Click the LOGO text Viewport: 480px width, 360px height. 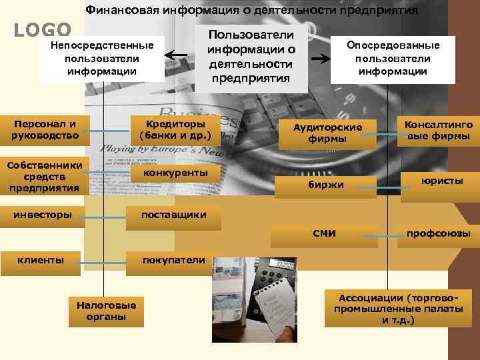(x=43, y=29)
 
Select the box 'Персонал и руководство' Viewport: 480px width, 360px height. (x=45, y=130)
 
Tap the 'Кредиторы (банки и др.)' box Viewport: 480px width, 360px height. (x=175, y=130)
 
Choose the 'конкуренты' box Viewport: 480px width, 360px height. (x=175, y=173)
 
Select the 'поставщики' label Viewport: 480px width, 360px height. (x=173, y=215)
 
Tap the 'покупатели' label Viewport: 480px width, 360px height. (x=173, y=260)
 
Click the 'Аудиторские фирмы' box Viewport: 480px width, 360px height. (x=327, y=133)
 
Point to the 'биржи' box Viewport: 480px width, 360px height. (x=325, y=184)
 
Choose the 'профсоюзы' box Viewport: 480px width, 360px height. (x=439, y=233)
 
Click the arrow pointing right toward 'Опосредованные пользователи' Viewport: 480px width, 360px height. (x=322, y=59)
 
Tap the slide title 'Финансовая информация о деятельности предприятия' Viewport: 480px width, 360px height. (x=252, y=11)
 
